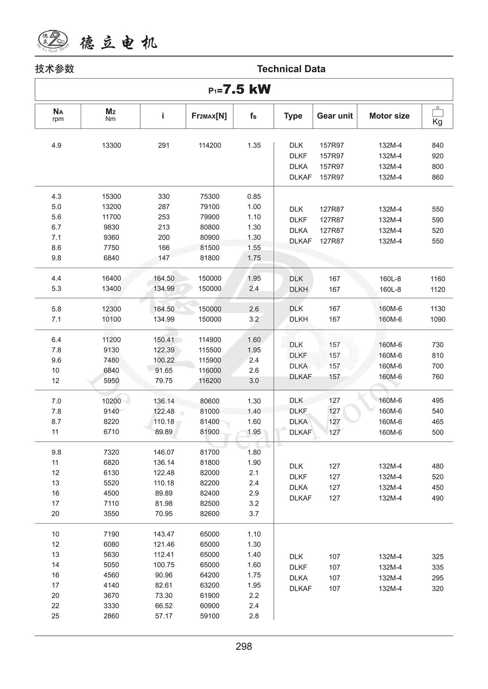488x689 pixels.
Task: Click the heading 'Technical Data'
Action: click(x=291, y=69)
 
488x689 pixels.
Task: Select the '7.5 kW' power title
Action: click(x=240, y=90)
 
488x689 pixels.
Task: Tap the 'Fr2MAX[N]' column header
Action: click(x=209, y=116)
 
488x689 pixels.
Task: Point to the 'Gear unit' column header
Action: click(x=335, y=116)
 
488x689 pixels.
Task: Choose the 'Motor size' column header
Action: click(x=389, y=116)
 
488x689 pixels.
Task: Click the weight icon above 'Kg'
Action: click(x=437, y=111)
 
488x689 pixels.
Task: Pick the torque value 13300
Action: click(x=111, y=145)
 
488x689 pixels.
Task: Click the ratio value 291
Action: click(x=164, y=145)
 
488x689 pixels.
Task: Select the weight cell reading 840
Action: click(x=437, y=145)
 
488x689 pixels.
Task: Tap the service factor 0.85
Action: click(x=254, y=196)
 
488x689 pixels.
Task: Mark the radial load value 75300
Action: click(x=210, y=196)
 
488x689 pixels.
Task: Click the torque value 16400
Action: click(x=111, y=278)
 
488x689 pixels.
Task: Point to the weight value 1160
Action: click(x=437, y=279)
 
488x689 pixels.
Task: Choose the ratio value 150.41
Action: click(x=164, y=340)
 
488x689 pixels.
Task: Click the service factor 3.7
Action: click(x=254, y=514)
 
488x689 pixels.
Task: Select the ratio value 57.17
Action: click(x=164, y=616)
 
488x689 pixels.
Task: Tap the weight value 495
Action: click(x=437, y=401)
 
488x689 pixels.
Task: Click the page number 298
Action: click(x=244, y=646)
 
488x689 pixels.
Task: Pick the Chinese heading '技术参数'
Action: click(x=55, y=69)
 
